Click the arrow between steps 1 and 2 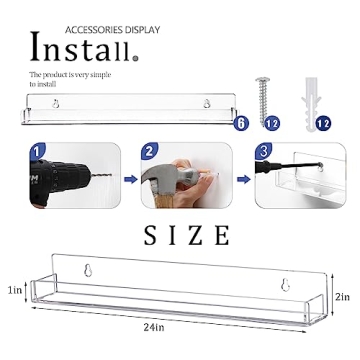pos(130,181)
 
